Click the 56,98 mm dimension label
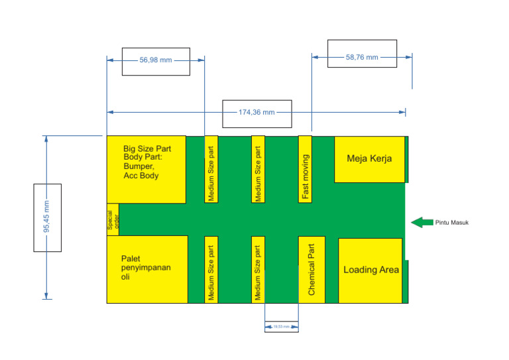(x=156, y=60)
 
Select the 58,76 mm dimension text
(x=362, y=58)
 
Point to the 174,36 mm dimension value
(x=256, y=113)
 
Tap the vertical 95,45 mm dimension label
(x=46, y=217)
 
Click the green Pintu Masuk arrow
(x=422, y=222)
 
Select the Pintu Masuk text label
(x=452, y=223)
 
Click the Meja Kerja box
(x=369, y=159)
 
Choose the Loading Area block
(x=370, y=270)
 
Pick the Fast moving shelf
(x=305, y=169)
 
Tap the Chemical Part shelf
(x=311, y=269)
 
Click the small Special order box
(x=113, y=219)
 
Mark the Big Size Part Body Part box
(x=146, y=169)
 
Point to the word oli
(x=126, y=277)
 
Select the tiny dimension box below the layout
(x=281, y=327)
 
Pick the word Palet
(x=131, y=258)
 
